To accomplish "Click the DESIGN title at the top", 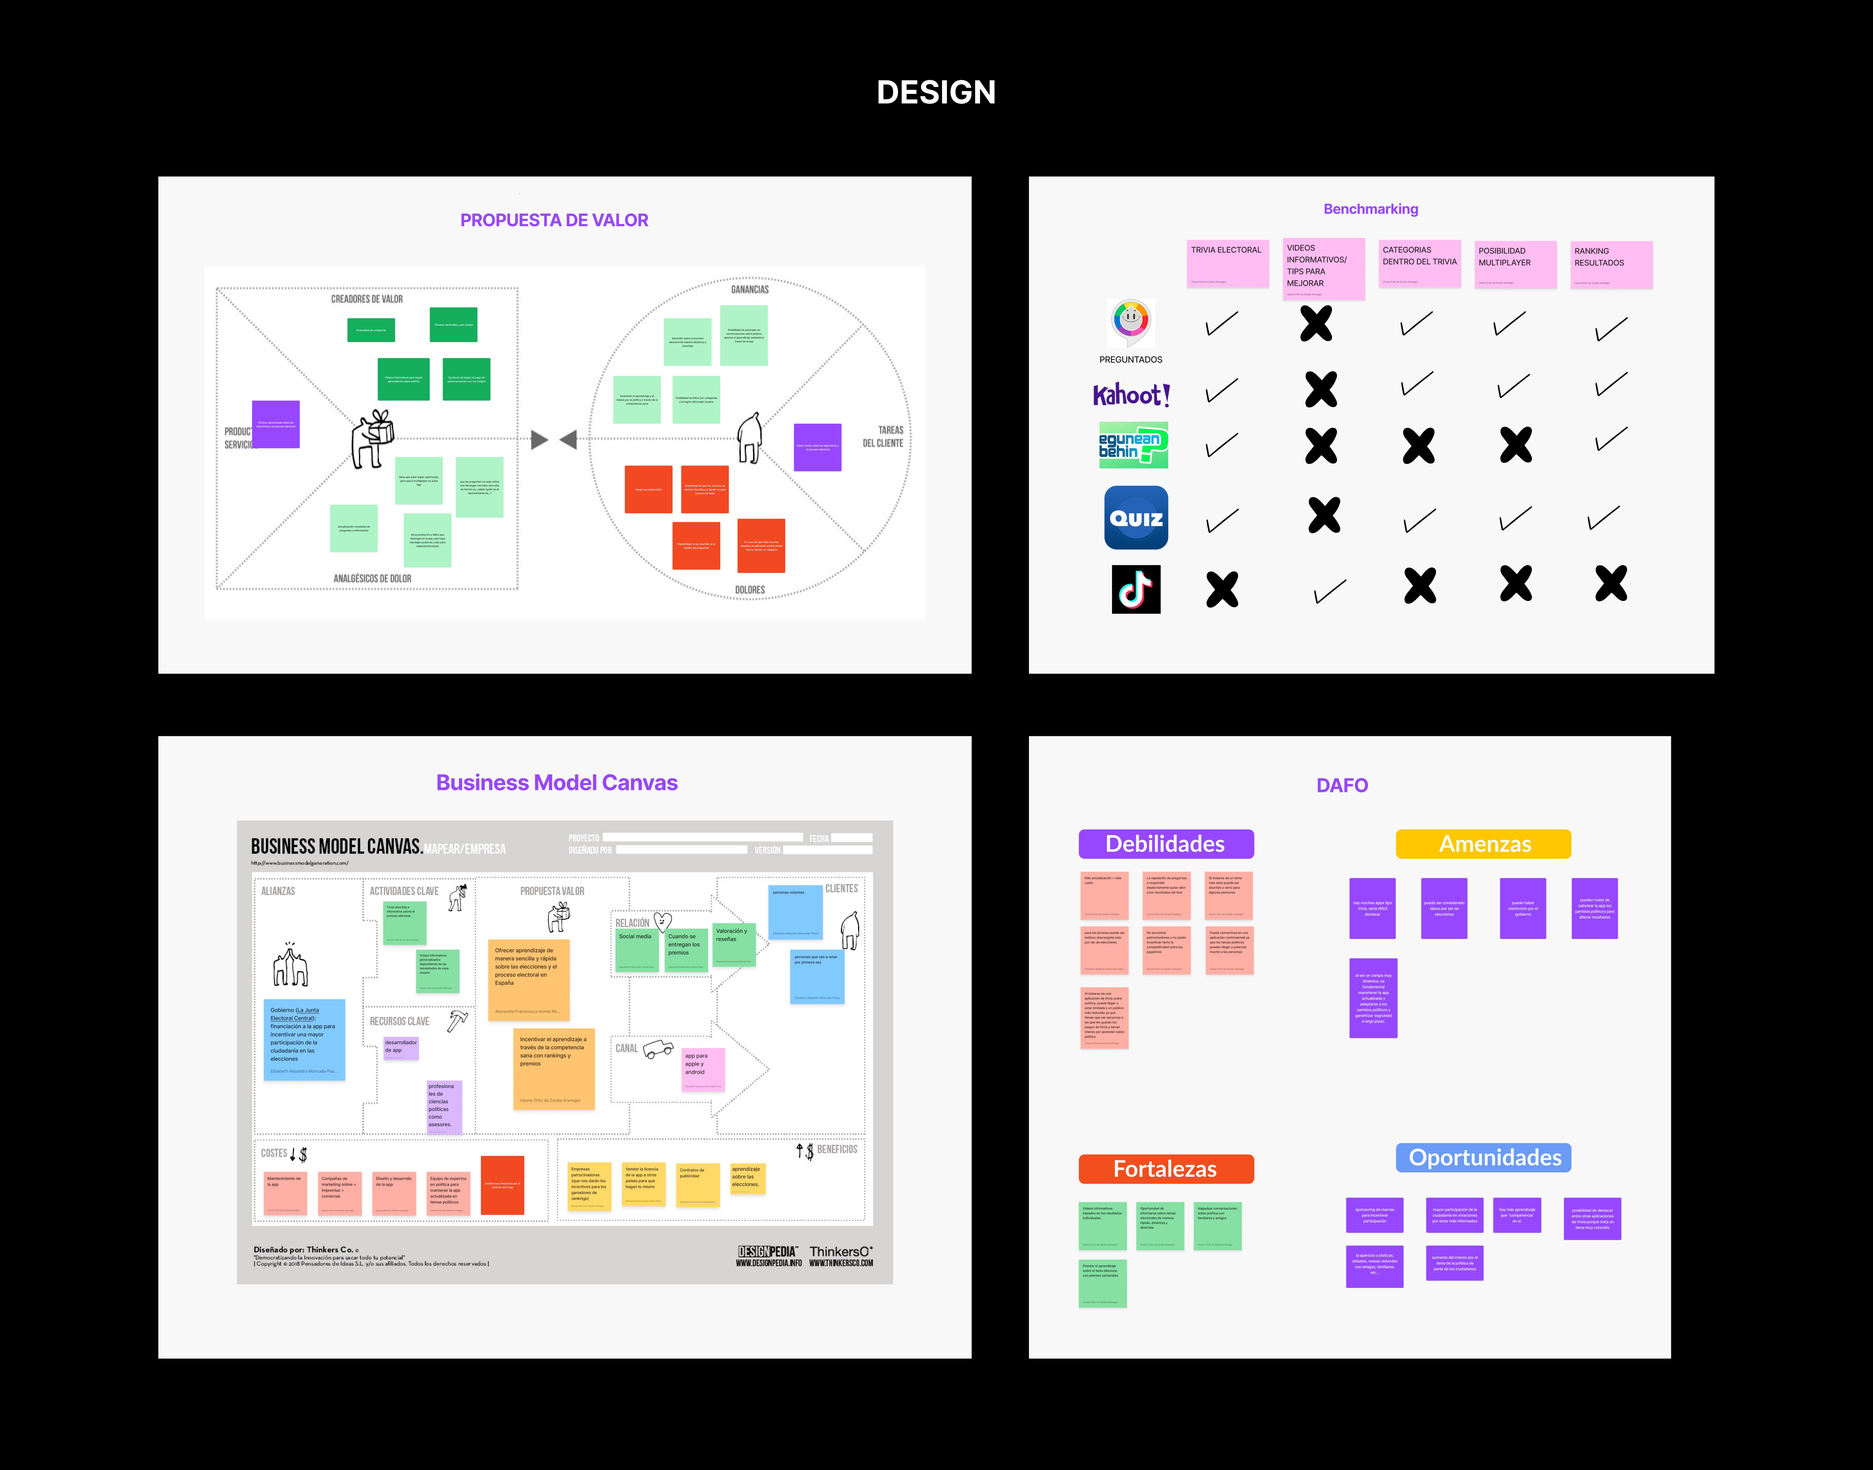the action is pyautogui.click(x=936, y=92).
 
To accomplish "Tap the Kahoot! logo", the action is pyautogui.click(x=1130, y=395).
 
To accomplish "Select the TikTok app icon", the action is pyautogui.click(x=1136, y=590).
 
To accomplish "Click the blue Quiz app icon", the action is pyautogui.click(x=1136, y=517).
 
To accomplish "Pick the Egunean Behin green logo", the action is pyautogui.click(x=1133, y=445).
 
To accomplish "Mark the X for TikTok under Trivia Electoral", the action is pyautogui.click(x=1222, y=590).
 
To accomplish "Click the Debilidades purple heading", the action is pyautogui.click(x=1166, y=844).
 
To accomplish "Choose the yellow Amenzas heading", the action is pyautogui.click(x=1483, y=844).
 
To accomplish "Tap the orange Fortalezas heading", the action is pyautogui.click(x=1166, y=1169).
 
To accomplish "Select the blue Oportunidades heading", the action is pyautogui.click(x=1483, y=1158).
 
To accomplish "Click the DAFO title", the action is pyautogui.click(x=1341, y=785).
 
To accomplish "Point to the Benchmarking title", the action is pyautogui.click(x=1370, y=209).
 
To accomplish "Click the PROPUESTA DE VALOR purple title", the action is pyautogui.click(x=554, y=220).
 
